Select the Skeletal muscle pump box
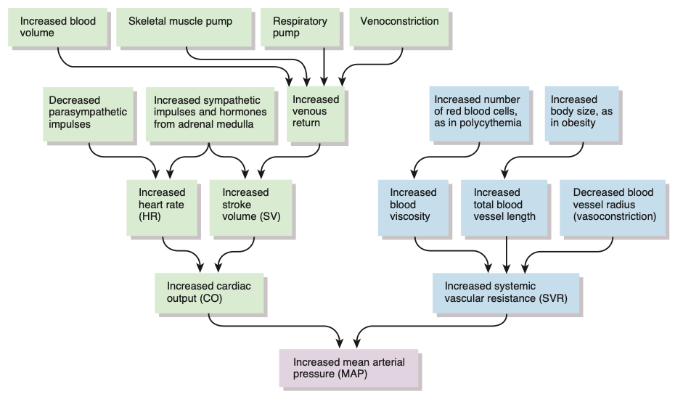(x=186, y=27)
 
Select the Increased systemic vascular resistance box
(x=506, y=293)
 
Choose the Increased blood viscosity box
(x=415, y=206)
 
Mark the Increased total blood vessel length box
(x=505, y=206)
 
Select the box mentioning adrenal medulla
(x=210, y=114)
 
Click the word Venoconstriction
(x=399, y=21)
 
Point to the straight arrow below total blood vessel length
(x=505, y=254)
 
